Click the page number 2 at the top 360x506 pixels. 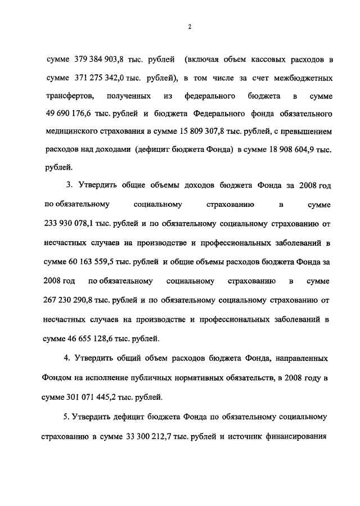pos(190,27)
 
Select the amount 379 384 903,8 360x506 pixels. pos(100,59)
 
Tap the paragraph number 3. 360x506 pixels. pos(69,186)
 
